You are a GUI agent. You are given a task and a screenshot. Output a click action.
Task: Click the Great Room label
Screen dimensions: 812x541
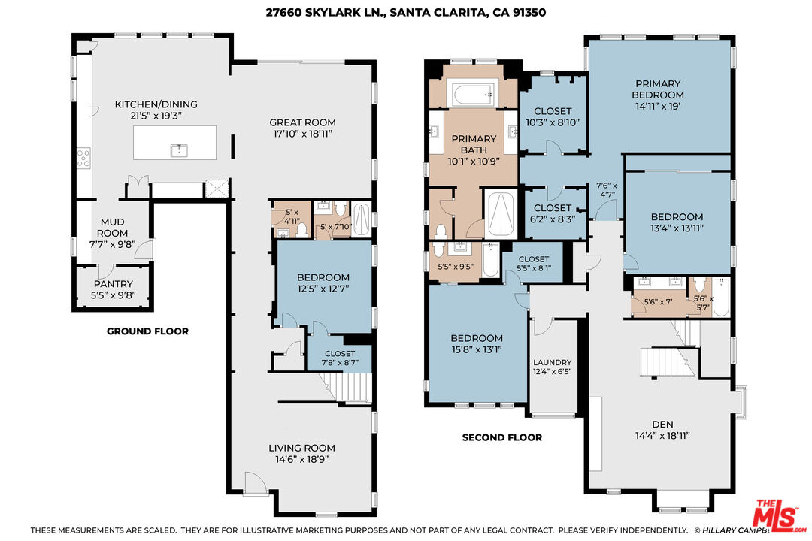(x=302, y=122)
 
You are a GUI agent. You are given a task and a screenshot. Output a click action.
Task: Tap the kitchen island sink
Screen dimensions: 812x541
(x=179, y=150)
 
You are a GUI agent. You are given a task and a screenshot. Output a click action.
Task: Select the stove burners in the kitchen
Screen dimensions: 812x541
(x=83, y=158)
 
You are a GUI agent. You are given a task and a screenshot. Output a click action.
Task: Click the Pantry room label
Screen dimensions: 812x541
(x=114, y=284)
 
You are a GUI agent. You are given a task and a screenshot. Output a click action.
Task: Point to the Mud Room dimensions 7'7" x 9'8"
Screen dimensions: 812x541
(x=112, y=244)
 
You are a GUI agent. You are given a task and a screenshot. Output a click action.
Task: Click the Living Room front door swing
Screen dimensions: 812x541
(x=256, y=484)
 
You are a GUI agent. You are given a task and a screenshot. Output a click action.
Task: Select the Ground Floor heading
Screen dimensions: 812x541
(x=147, y=331)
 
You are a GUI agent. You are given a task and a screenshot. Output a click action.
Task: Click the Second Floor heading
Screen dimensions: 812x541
(x=501, y=437)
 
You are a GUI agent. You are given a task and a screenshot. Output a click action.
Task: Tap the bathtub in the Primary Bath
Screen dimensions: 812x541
(x=474, y=95)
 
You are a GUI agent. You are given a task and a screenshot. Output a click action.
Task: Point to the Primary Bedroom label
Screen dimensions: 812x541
(x=658, y=89)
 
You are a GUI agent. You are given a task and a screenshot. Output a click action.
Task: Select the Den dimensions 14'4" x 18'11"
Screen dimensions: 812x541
(x=663, y=436)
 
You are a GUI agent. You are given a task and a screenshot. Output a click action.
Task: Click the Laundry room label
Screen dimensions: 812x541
(x=553, y=362)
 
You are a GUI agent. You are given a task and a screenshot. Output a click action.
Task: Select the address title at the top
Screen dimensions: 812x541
(x=406, y=12)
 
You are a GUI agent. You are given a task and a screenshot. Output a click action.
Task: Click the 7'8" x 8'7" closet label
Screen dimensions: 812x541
(x=340, y=358)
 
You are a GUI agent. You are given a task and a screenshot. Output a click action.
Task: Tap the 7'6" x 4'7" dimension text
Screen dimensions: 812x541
(x=606, y=190)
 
